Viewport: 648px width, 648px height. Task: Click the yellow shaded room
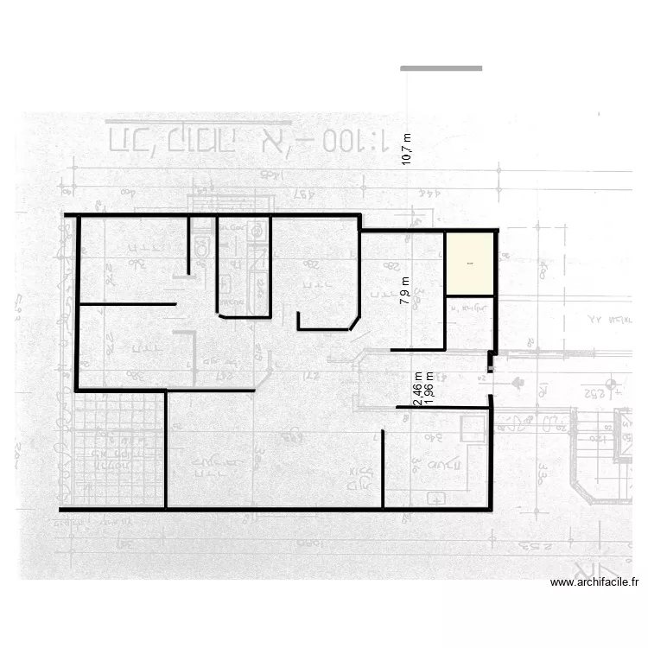(x=470, y=264)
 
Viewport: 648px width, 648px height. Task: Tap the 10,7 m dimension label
(x=407, y=149)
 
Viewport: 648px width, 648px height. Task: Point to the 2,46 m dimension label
(x=418, y=389)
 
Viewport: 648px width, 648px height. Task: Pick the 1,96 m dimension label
(x=429, y=389)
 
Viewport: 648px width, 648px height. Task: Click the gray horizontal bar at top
(x=441, y=68)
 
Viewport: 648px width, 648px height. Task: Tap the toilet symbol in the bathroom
(x=202, y=246)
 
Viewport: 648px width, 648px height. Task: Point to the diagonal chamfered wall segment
(x=354, y=322)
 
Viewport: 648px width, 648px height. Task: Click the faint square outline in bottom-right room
(x=473, y=429)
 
